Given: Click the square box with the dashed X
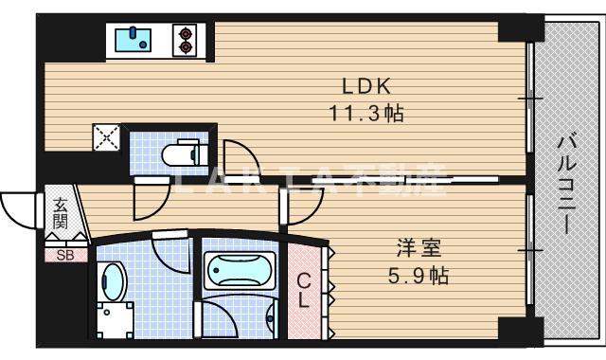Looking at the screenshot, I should point(106,138).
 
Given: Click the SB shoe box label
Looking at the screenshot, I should point(64,255).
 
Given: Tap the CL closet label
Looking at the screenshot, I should point(304,291).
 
